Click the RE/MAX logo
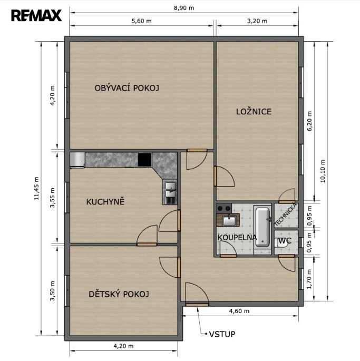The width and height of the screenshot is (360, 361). coord(36,15)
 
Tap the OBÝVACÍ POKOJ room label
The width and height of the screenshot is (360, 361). coord(127,87)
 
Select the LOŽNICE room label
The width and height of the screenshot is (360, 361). coord(254,111)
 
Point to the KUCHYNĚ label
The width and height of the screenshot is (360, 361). coord(105,201)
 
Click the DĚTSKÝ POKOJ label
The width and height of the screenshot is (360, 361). coord(119,294)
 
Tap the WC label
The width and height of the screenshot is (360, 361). coord(285,241)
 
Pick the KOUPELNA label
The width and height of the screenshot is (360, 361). coord(237,237)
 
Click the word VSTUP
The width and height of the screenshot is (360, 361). coord(222,334)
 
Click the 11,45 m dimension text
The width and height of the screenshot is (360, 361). coord(36,188)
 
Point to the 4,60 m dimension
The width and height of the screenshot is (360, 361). coord(239,311)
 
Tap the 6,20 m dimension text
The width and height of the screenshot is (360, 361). coord(309,121)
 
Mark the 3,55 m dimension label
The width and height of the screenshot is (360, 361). coord(53,198)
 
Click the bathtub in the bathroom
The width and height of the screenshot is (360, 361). coord(262,227)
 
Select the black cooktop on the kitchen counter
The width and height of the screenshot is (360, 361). coord(145,159)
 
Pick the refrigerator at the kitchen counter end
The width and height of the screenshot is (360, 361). coord(77,160)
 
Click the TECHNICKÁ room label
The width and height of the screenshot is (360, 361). coord(286,214)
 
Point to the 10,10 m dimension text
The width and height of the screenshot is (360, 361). coord(323,171)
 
